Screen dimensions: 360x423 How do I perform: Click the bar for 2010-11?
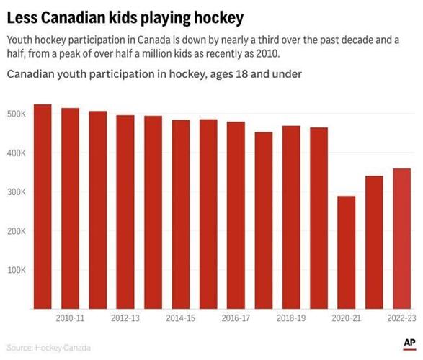(70, 209)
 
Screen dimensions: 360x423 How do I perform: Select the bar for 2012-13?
(125, 212)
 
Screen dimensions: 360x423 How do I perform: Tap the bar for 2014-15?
(181, 215)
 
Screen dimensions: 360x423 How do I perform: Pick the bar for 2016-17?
(236, 216)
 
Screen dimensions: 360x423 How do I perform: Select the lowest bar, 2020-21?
(347, 253)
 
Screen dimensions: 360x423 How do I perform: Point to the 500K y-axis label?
(17, 114)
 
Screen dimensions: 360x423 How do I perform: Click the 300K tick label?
(17, 192)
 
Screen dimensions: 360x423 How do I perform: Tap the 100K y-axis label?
(17, 270)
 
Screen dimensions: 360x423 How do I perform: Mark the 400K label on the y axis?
(17, 153)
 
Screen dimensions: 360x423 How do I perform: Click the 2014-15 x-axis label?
(181, 318)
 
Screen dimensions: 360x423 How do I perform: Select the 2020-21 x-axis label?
(347, 318)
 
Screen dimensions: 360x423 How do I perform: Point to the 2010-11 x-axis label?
(70, 318)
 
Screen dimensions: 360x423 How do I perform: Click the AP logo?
(409, 343)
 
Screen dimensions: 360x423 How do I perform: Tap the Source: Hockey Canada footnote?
(49, 348)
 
